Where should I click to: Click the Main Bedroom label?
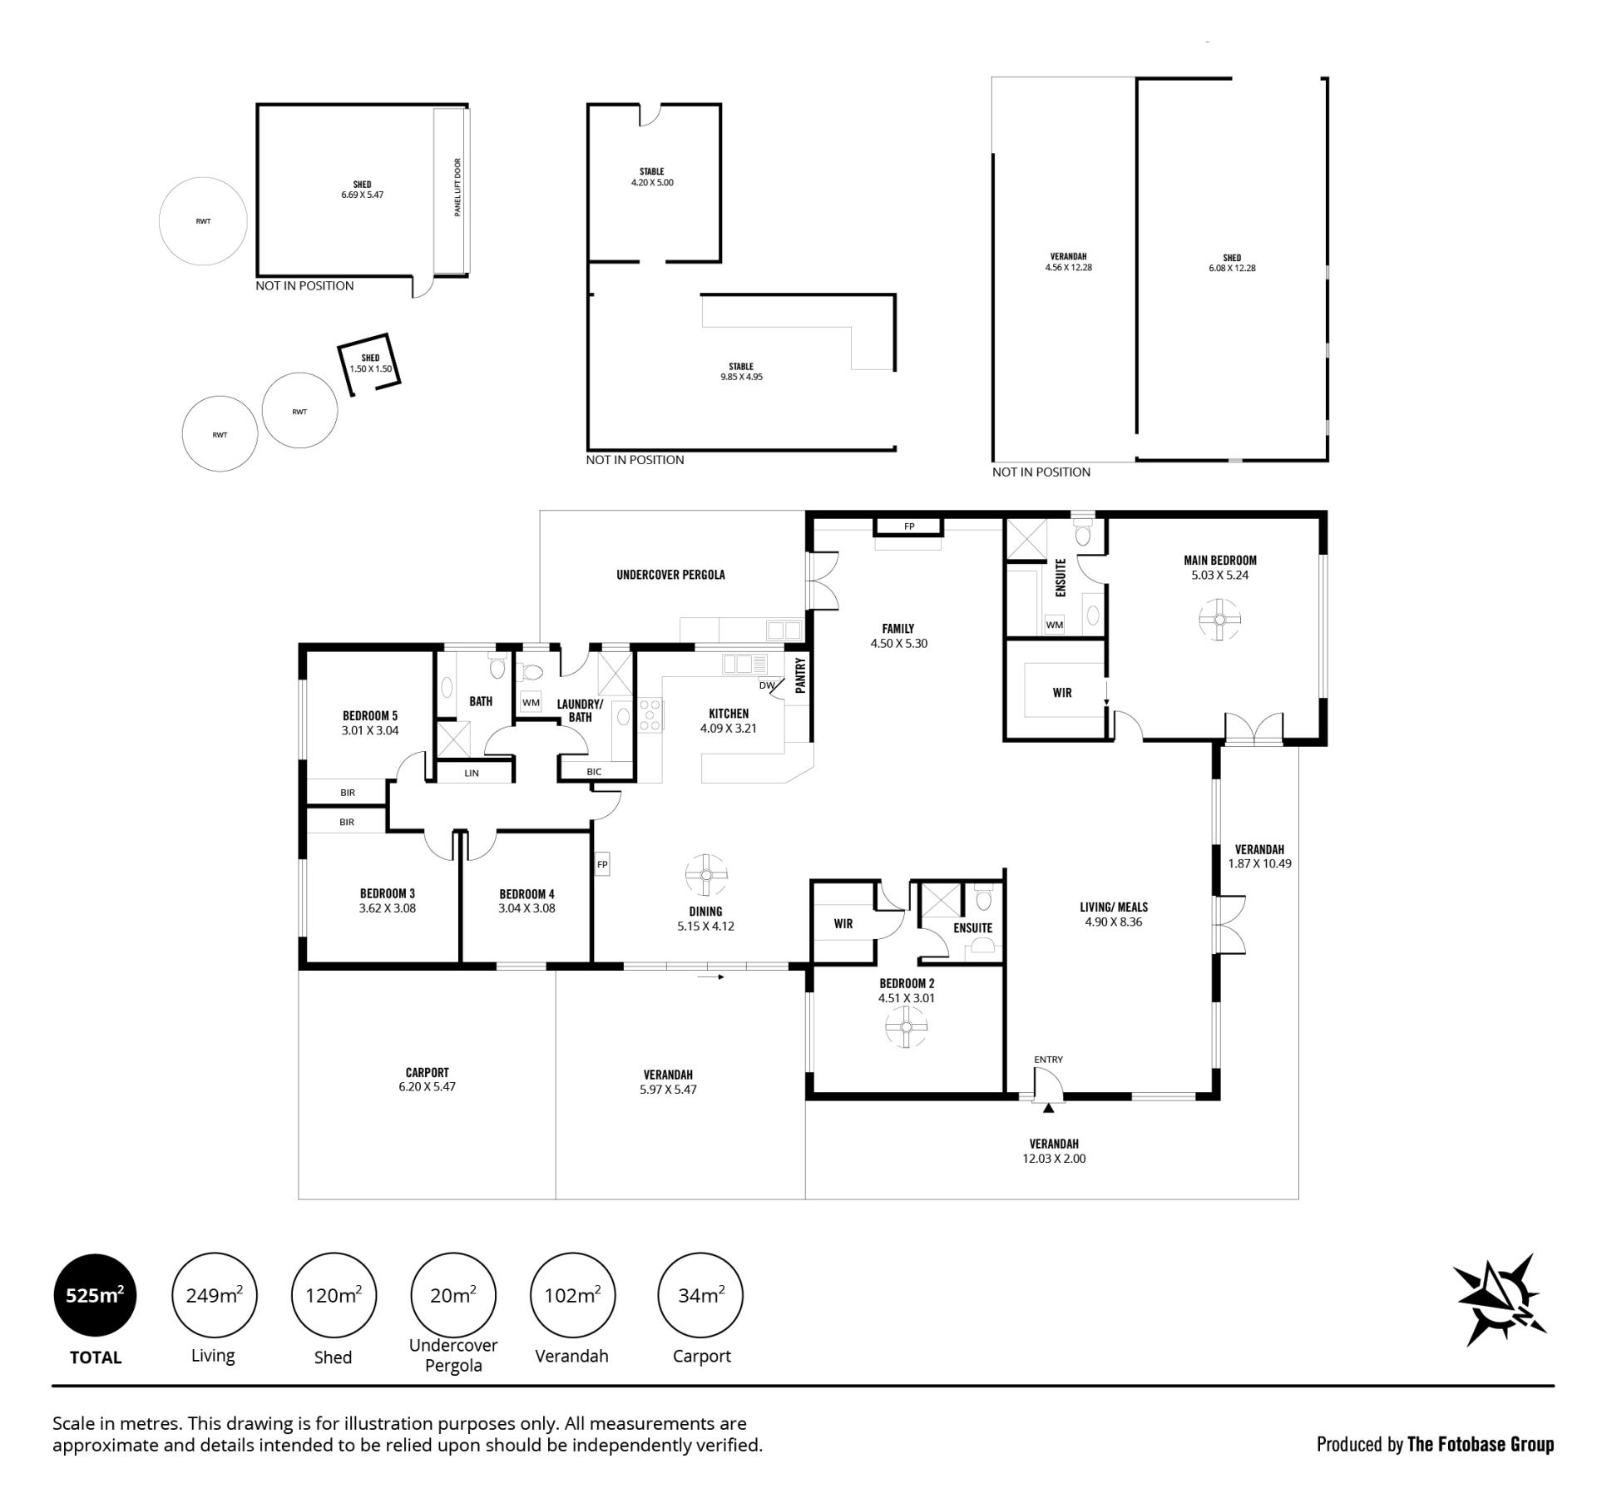1220,561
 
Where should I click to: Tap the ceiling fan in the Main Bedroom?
1220,620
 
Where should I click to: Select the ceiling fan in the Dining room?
706,875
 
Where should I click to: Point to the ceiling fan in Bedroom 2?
906,1026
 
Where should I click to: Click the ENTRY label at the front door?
1048,1060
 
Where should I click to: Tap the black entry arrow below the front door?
1048,1107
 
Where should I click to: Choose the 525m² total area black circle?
95,1295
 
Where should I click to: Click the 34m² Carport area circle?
700,1295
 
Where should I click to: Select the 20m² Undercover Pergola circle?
453,1295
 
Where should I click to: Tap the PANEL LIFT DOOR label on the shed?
457,188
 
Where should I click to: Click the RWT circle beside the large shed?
203,221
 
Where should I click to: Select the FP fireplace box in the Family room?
908,527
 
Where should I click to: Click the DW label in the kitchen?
766,685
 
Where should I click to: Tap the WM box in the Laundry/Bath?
531,702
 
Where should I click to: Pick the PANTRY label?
800,675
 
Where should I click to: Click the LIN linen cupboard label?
472,774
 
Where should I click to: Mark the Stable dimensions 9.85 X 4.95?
741,377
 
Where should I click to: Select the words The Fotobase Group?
1481,1445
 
